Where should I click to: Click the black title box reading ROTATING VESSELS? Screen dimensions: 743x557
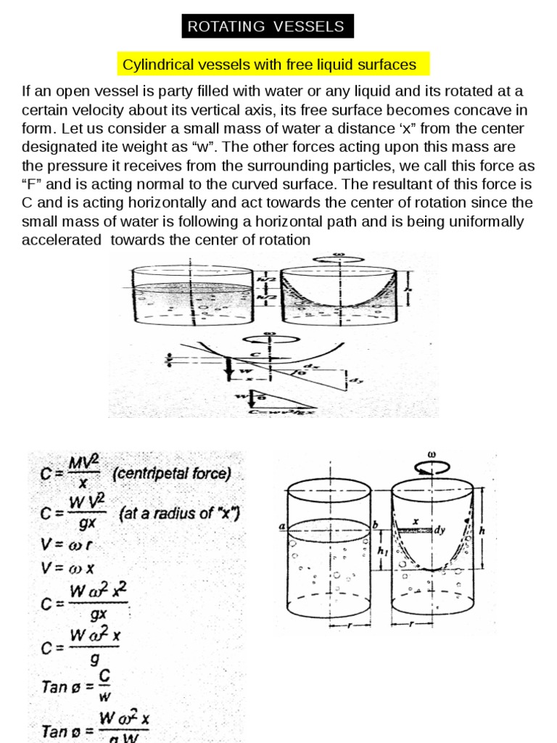click(266, 27)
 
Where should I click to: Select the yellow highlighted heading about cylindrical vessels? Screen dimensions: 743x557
click(270, 65)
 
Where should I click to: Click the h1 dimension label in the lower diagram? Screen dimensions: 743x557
click(381, 551)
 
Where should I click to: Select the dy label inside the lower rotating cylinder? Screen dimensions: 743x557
click(439, 530)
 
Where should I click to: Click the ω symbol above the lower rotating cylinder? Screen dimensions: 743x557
click(432, 455)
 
